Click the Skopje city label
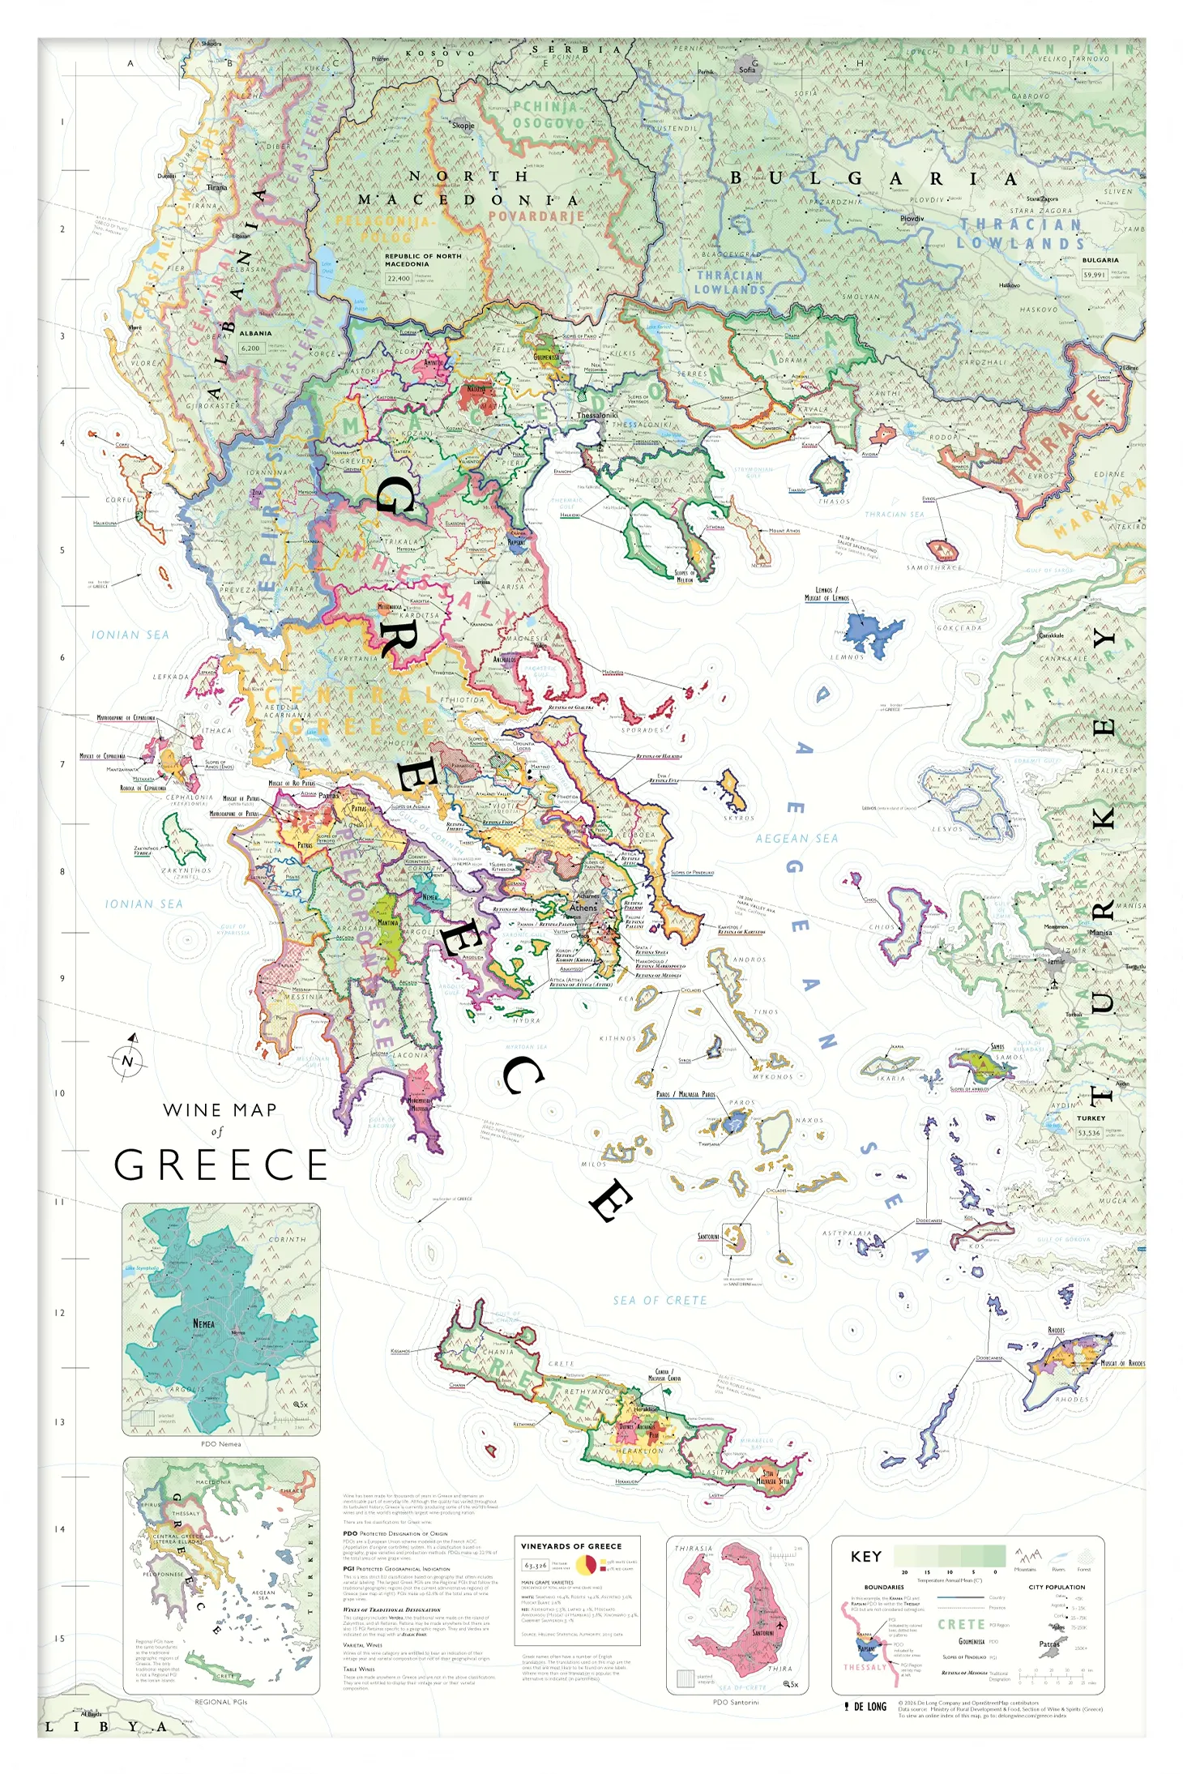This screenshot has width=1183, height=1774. (463, 126)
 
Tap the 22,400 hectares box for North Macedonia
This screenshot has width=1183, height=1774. (398, 278)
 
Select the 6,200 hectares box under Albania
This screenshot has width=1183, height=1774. (250, 348)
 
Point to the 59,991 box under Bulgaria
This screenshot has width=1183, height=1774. (1094, 275)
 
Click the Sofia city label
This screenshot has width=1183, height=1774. (746, 70)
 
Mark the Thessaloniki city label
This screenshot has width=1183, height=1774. (597, 415)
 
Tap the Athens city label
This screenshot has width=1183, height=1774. (583, 908)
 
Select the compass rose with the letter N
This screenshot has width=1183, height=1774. (127, 1060)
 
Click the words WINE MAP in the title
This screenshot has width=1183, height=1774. (220, 1110)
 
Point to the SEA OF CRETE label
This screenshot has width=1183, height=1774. (660, 1301)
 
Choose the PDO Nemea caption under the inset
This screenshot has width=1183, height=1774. (220, 1444)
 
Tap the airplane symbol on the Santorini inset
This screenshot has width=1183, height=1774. (779, 1625)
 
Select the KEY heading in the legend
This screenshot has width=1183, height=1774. (865, 1556)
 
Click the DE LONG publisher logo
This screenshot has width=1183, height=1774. (865, 1707)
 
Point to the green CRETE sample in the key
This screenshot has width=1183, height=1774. (961, 1624)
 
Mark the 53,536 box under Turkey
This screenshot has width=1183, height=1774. (1089, 1133)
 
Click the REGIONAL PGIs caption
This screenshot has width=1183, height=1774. (220, 1702)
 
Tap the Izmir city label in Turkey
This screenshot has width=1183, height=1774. (1056, 962)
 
